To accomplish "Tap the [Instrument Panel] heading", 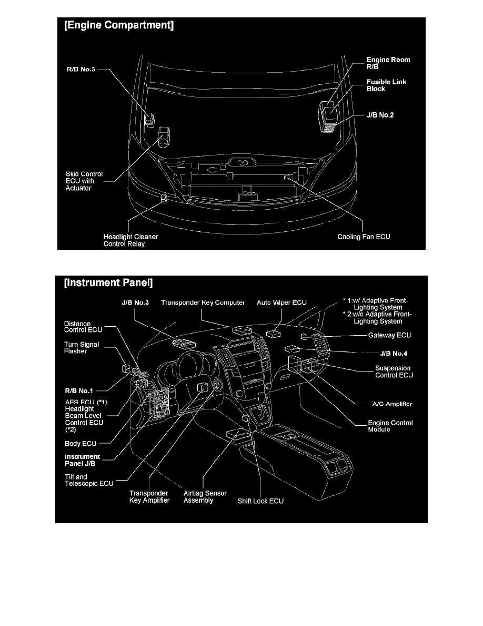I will tap(108, 283).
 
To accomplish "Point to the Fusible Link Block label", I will tap(386, 85).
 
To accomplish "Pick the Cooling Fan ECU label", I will tap(364, 237).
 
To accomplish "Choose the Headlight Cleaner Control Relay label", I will tap(130, 240).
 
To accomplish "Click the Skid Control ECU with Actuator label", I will tap(84, 181).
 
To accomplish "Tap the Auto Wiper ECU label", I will tap(281, 302).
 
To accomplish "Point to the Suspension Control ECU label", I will tap(394, 371).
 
